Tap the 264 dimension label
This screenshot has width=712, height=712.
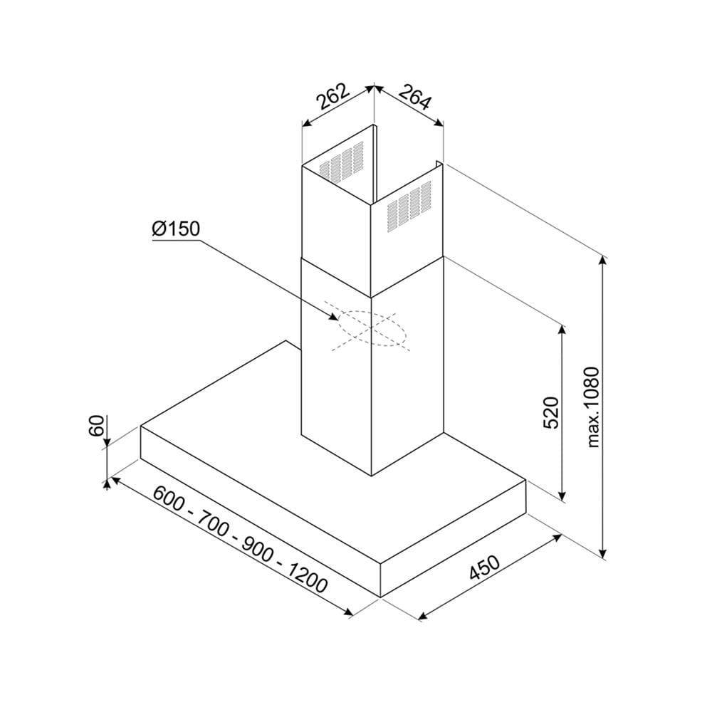tap(414, 97)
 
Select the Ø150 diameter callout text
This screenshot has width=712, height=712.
tap(176, 229)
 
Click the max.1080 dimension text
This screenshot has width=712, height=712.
tap(593, 408)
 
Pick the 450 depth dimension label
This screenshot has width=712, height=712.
tap(484, 567)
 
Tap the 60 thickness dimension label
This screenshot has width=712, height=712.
tap(97, 426)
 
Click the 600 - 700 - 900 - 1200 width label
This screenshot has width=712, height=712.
tap(240, 539)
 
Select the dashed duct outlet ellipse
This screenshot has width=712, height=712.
tap(370, 328)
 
